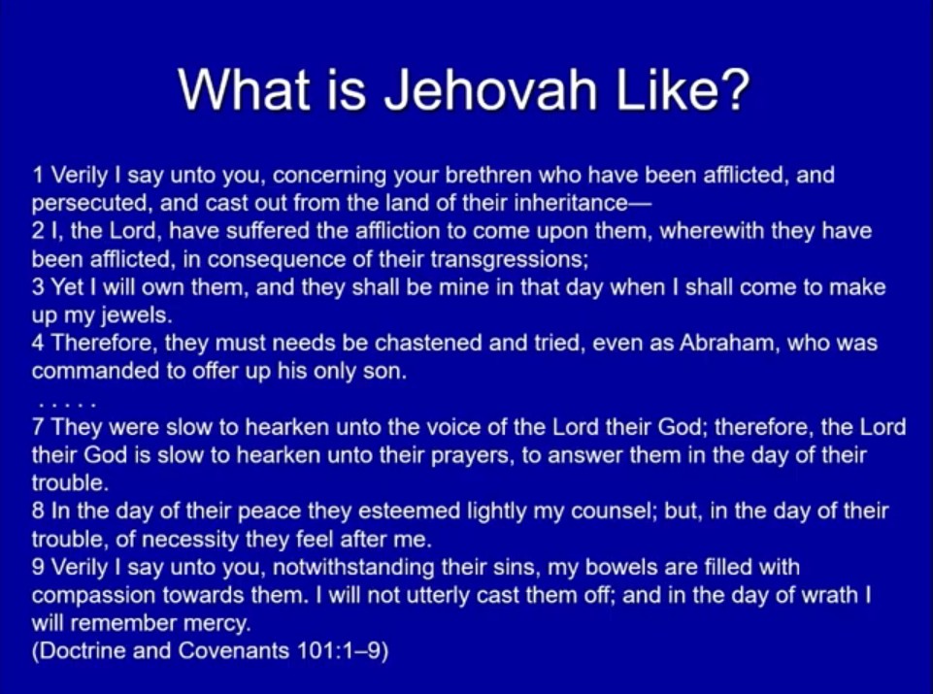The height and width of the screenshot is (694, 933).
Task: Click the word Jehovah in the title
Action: coord(491,89)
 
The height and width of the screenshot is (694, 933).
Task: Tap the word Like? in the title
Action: coord(683,89)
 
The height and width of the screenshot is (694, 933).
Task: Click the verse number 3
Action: coord(38,287)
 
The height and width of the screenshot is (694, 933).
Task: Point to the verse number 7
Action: coord(39,427)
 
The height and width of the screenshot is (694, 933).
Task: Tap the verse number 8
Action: coord(38,511)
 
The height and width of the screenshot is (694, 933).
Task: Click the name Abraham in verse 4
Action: coord(729,344)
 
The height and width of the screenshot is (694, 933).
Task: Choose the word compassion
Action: coord(93,595)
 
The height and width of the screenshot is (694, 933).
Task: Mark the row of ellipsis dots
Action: coord(67,406)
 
